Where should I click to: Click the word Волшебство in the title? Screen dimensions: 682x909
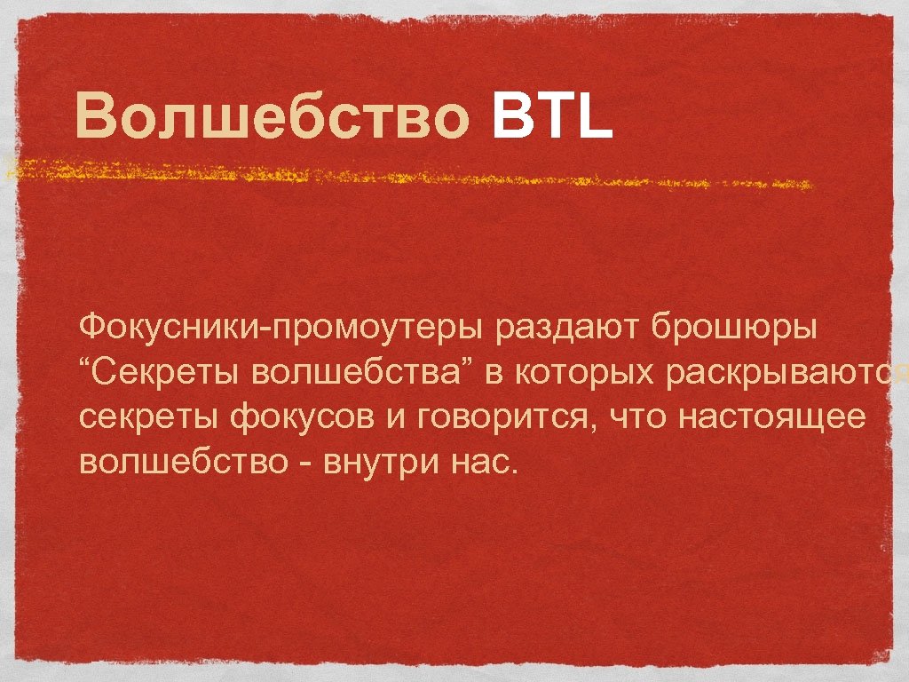click(x=271, y=119)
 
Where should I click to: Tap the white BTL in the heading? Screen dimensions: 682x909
click(x=550, y=119)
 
